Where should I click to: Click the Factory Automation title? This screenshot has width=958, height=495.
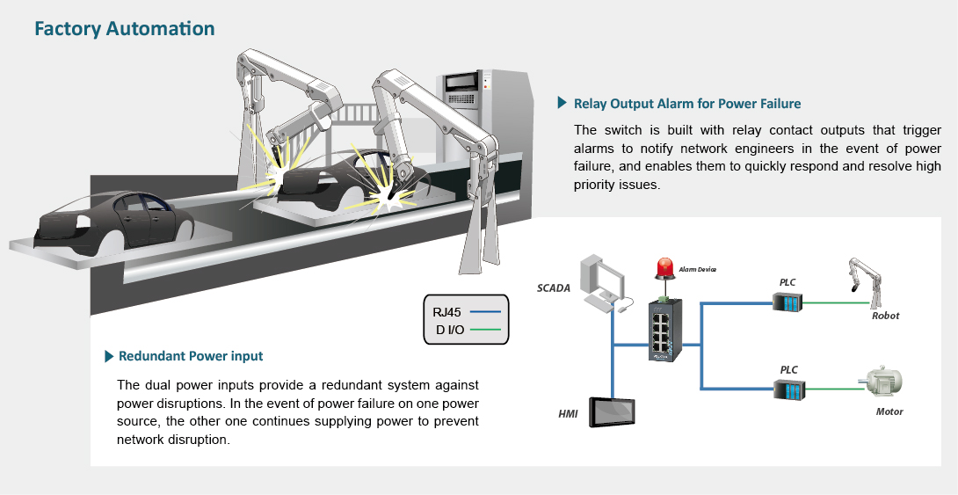(124, 29)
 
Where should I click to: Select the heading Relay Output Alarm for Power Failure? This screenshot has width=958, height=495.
(686, 104)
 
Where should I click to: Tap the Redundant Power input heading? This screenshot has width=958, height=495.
(191, 356)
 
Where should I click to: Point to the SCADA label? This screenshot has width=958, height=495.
(555, 288)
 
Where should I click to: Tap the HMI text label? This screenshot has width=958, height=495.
(568, 413)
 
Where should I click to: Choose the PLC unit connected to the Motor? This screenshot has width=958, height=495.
(787, 388)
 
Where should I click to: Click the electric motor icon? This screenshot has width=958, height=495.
(882, 381)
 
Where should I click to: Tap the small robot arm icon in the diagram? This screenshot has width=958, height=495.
(866, 282)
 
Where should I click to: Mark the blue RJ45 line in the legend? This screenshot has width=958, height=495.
(485, 311)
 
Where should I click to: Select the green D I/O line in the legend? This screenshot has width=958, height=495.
(485, 331)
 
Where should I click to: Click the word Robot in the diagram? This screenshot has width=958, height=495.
(886, 316)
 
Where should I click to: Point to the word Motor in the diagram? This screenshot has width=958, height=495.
(889, 411)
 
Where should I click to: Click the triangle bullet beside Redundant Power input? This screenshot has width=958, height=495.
(109, 356)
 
